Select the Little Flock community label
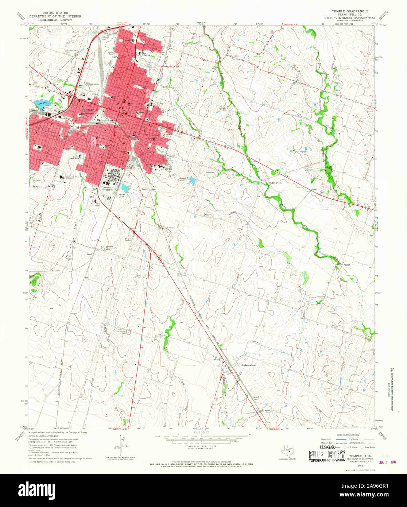[x=276, y=182]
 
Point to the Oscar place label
[x=347, y=265]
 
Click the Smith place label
[x=89, y=254]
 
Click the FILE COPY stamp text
[x=327, y=455]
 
